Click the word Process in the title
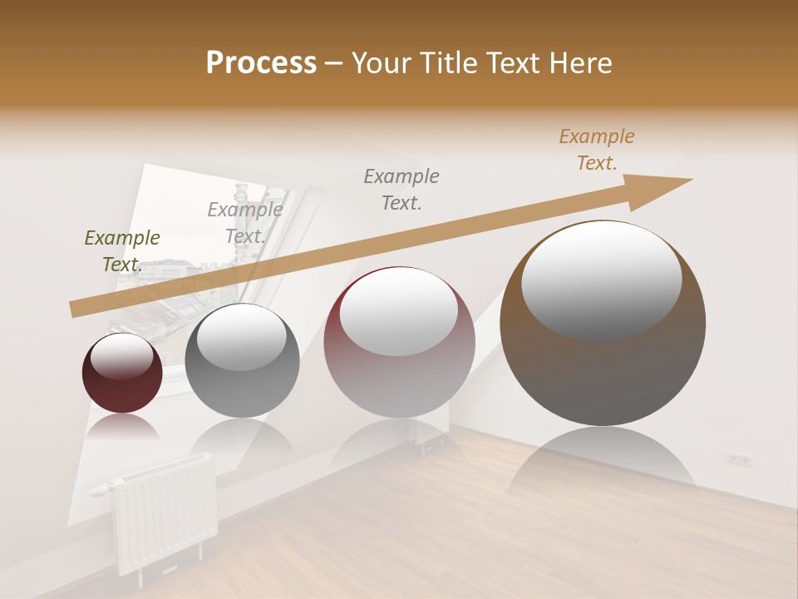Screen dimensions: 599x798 click(x=261, y=63)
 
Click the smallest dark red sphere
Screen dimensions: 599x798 click(x=122, y=374)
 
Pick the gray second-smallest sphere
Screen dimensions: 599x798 click(x=242, y=360)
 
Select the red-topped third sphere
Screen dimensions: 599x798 click(x=399, y=342)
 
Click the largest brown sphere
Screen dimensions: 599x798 click(x=603, y=323)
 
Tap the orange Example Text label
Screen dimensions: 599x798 click(x=597, y=150)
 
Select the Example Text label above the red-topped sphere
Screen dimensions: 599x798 click(x=401, y=189)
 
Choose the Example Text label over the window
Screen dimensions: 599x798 click(x=245, y=222)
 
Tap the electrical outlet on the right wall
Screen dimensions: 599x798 click(x=739, y=458)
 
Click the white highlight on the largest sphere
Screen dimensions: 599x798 click(x=601, y=279)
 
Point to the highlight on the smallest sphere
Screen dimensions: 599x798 click(x=121, y=356)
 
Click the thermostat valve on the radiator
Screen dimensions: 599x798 click(x=101, y=488)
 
